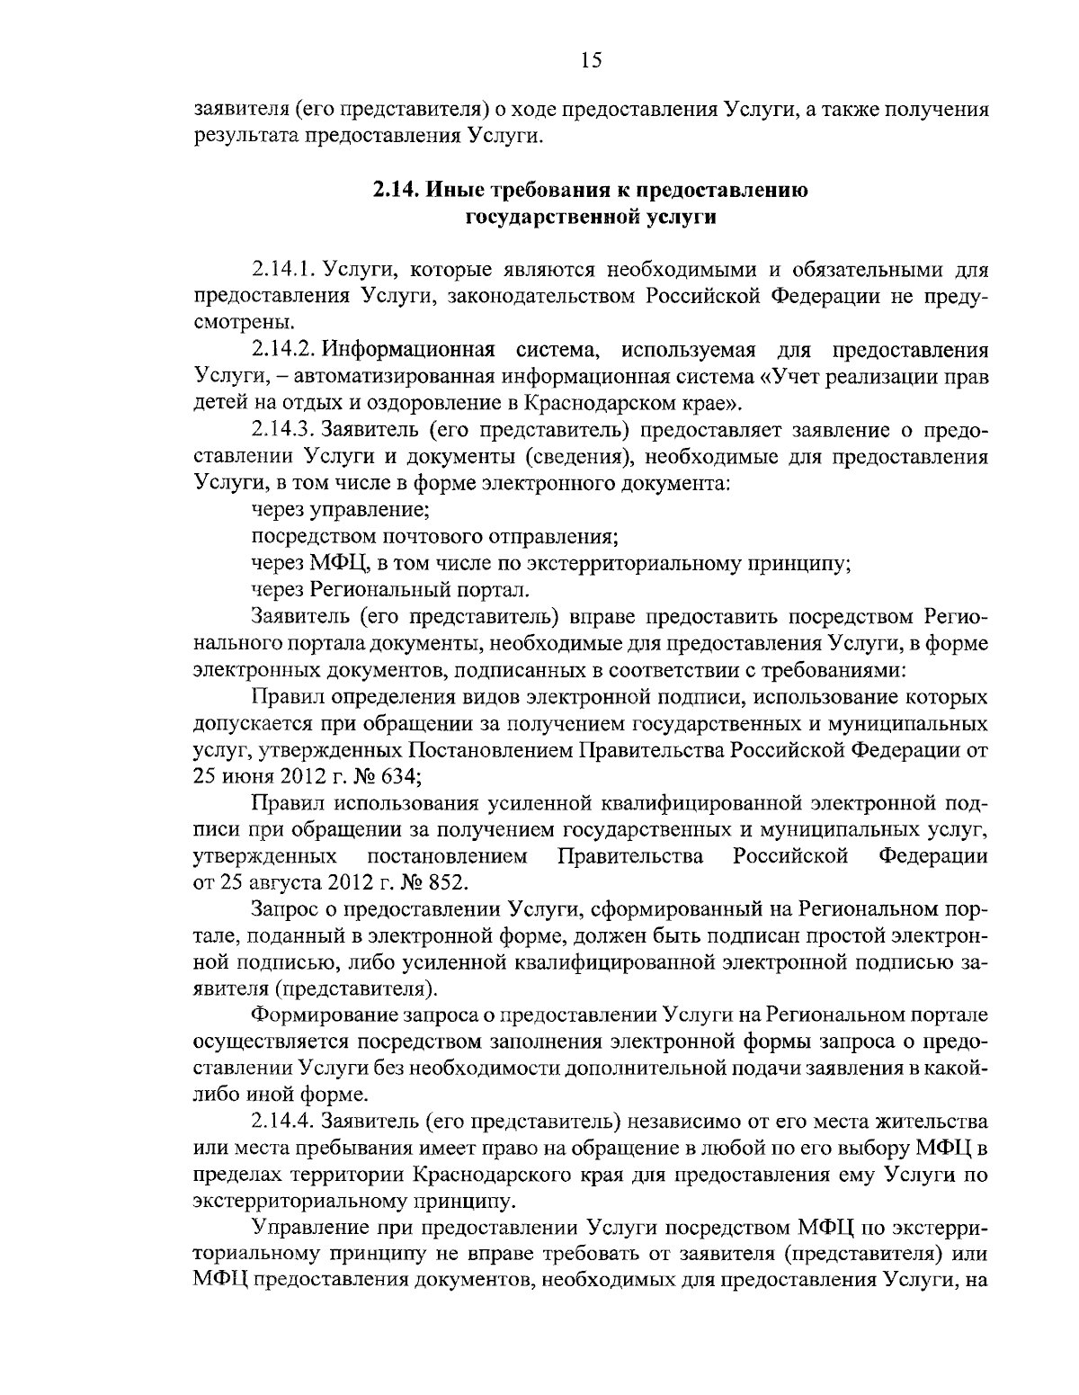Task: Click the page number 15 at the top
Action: (591, 60)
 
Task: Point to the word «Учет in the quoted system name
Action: (797, 376)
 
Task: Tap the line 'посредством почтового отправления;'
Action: (434, 537)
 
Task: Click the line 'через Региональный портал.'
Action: (390, 590)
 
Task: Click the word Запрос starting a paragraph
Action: (284, 909)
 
